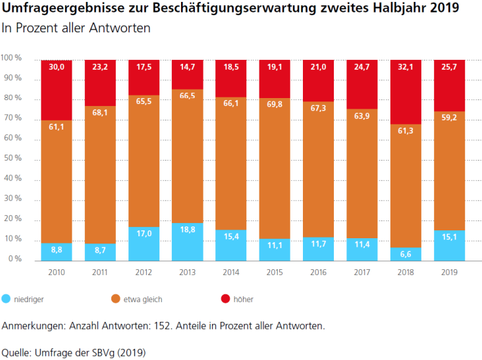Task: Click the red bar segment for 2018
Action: pos(406,92)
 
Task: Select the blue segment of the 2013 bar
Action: pos(188,242)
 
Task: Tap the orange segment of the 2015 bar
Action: pos(275,168)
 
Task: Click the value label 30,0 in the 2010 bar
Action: pos(57,67)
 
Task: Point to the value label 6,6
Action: pos(406,254)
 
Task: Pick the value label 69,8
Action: pos(275,105)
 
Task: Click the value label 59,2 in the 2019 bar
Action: pos(449,117)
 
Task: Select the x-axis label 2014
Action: pos(231,272)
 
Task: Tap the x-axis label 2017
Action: pos(361,272)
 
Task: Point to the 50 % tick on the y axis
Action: pos(13,158)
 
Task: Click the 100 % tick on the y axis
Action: pos(11,58)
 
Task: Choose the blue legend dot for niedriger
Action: pos(6,299)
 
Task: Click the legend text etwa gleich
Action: pos(143,299)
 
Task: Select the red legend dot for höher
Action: pos(225,299)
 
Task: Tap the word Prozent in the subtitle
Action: pos(36,28)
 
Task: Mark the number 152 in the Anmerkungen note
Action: pos(162,326)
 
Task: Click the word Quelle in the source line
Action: pos(15,353)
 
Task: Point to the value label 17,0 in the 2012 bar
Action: pos(144,234)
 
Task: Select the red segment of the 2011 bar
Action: pos(100,83)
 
